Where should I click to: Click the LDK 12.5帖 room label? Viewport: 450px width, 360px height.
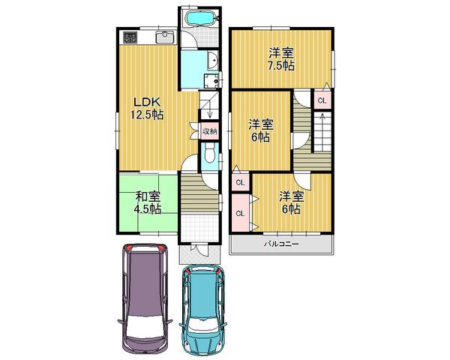tap(148, 109)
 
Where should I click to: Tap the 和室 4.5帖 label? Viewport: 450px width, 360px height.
tap(148, 202)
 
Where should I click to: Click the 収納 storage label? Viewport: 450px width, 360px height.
tap(209, 130)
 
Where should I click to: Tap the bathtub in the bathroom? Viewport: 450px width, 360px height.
tap(200, 19)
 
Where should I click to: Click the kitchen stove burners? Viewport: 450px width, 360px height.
tap(127, 36)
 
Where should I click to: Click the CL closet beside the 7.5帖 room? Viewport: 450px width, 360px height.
tap(321, 100)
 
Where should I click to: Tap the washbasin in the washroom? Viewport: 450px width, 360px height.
tap(211, 64)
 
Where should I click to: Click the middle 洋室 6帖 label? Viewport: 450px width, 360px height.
tap(260, 131)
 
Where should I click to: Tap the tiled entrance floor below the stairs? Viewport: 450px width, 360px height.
tap(199, 225)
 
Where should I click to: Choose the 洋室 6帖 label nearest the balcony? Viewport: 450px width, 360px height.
tap(290, 202)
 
